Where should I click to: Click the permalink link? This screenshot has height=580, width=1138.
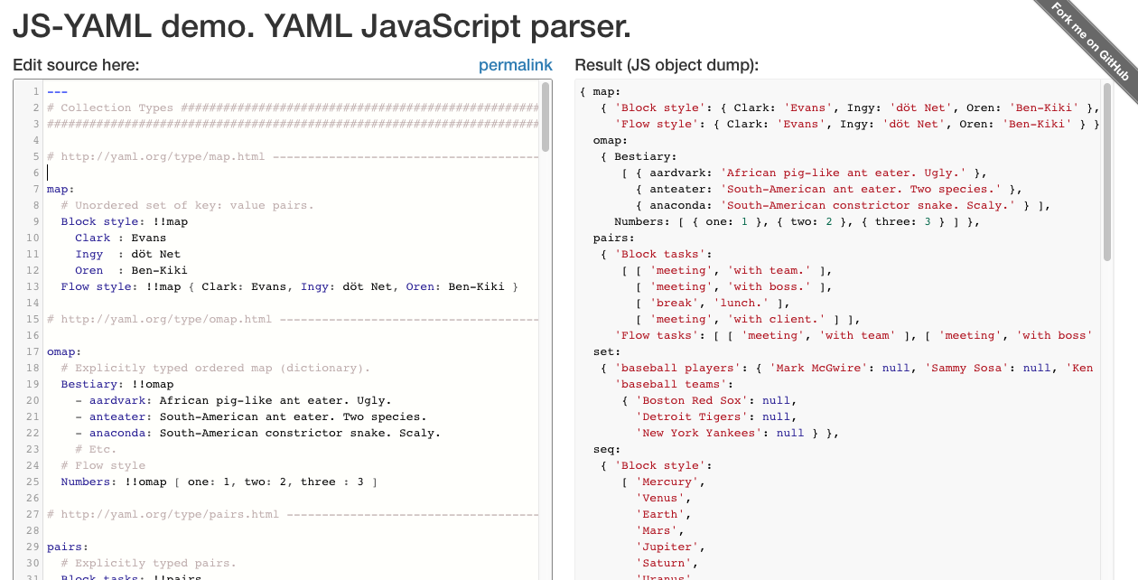[515, 65]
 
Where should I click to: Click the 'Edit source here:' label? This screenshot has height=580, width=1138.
[76, 65]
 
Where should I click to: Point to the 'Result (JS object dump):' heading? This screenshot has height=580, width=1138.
[667, 65]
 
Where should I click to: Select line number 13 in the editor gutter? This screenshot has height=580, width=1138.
[33, 287]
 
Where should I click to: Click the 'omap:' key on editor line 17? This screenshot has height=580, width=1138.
[64, 352]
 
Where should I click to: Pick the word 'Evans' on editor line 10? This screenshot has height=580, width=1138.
[149, 239]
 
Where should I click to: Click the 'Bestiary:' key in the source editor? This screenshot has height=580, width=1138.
[92, 385]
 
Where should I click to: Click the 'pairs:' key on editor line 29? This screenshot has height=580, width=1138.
[68, 547]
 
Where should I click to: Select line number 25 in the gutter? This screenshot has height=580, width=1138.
[33, 482]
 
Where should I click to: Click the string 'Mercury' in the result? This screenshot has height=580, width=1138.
[667, 482]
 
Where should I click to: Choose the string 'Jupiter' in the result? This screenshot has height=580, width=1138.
[667, 547]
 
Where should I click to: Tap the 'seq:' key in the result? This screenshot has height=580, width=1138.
[607, 450]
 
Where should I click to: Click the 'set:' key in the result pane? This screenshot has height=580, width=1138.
[607, 352]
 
